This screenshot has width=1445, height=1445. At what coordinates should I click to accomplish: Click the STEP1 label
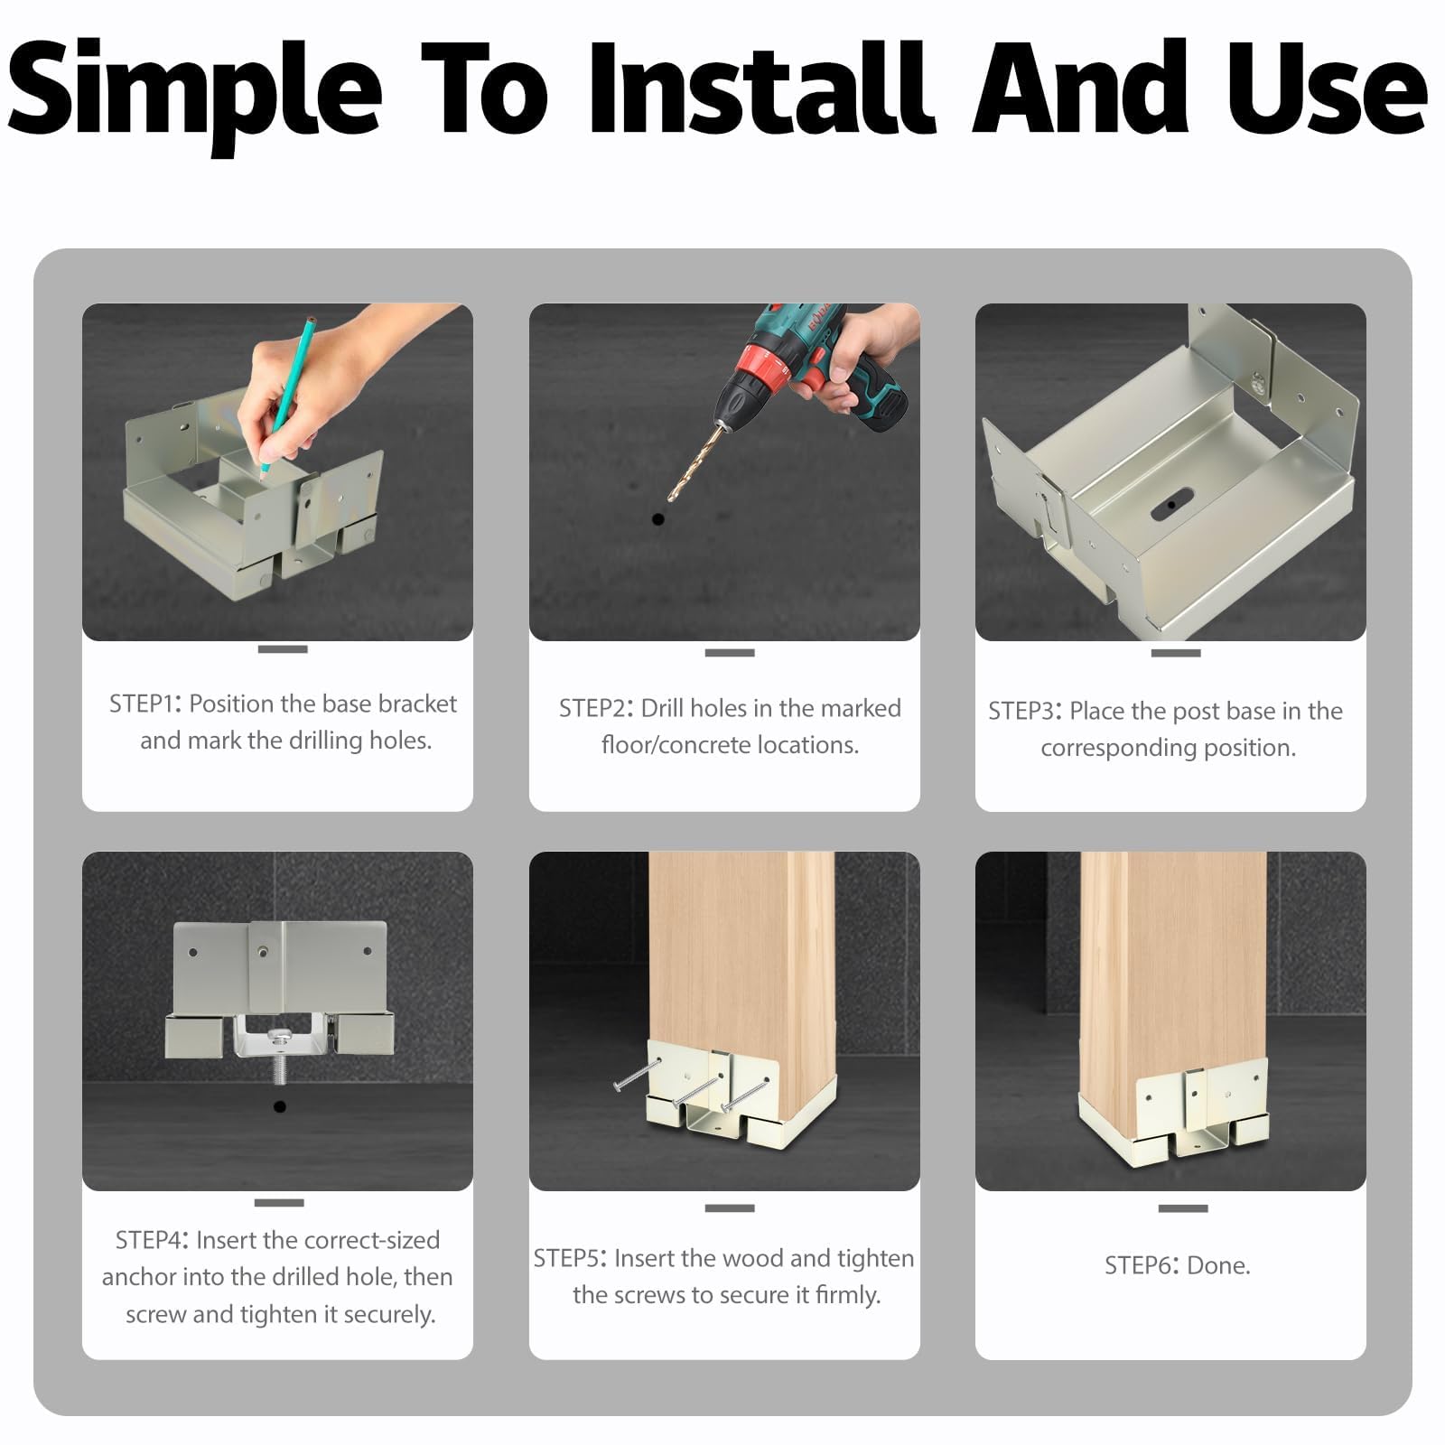[145, 704]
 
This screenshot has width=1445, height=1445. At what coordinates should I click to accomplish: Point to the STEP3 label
[1025, 711]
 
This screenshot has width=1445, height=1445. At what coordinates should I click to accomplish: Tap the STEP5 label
[571, 1258]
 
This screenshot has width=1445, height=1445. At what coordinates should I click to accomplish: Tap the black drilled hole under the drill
[657, 519]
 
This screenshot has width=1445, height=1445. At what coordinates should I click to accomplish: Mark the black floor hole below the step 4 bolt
[279, 1106]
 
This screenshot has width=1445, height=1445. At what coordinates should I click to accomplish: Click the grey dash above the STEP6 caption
[1182, 1208]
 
